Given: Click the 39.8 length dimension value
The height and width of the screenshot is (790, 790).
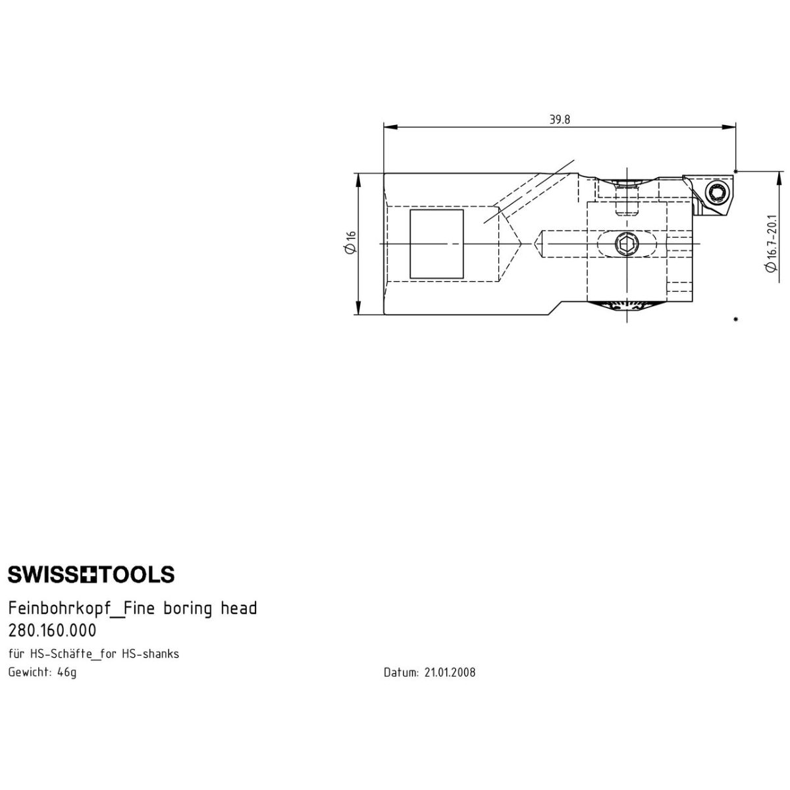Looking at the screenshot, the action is point(560,119).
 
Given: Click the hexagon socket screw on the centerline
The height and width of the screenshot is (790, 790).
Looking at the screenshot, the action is point(626,245).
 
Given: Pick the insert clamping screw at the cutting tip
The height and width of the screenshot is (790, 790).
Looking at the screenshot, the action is point(717,193).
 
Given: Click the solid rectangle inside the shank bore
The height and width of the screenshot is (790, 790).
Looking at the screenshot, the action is point(436,244).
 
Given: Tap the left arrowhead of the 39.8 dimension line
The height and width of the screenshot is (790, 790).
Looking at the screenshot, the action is point(390,127).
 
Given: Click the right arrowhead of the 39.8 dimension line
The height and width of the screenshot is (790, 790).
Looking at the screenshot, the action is point(728,127).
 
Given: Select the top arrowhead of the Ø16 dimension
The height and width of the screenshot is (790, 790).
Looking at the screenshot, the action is point(358,181).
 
